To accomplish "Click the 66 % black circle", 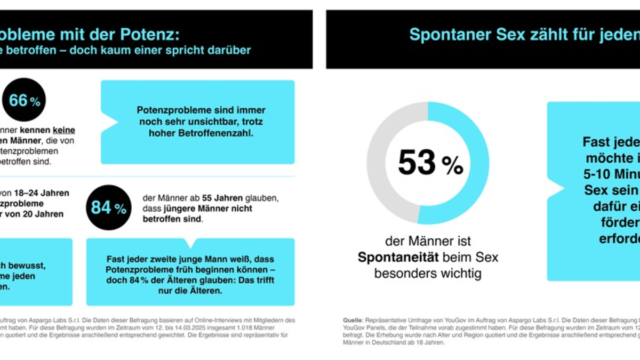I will (x=24, y=100).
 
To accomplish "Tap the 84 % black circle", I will (x=109, y=208).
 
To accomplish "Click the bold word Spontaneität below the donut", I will (x=397, y=258).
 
